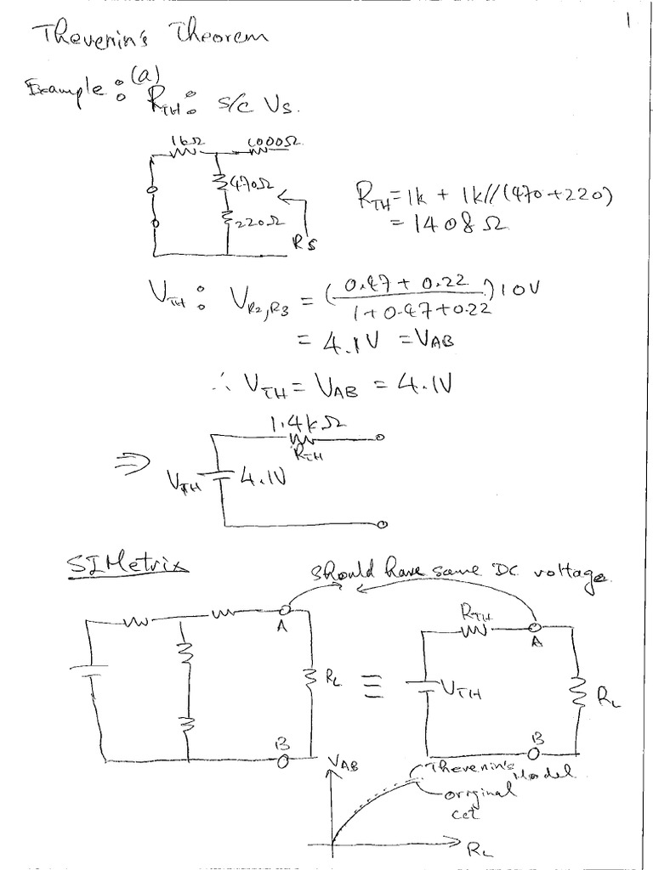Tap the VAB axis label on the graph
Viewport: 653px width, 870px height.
(349, 765)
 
